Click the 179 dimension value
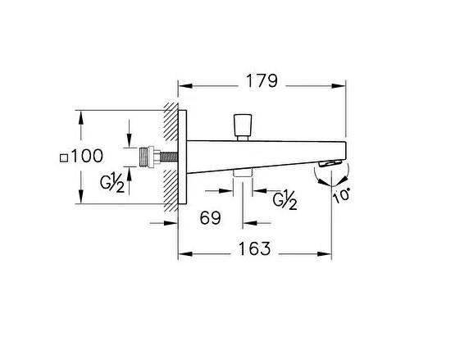click(x=262, y=81)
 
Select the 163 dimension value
click(x=254, y=248)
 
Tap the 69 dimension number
click(x=210, y=217)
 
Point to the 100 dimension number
click(x=87, y=156)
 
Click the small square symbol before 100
click(x=64, y=157)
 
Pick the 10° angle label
click(x=341, y=196)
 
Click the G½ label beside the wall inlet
click(x=112, y=184)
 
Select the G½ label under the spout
click(x=285, y=199)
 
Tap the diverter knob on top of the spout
click(x=243, y=127)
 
